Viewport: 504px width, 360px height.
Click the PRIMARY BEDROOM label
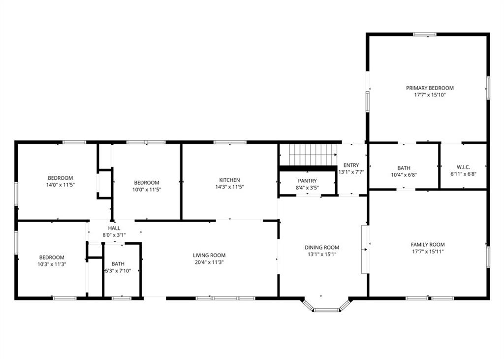(x=430, y=88)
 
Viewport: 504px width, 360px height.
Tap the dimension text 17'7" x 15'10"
(x=430, y=95)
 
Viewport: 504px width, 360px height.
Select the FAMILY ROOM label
(x=428, y=244)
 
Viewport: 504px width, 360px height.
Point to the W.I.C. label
(x=463, y=167)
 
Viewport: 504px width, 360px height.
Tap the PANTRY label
(x=307, y=181)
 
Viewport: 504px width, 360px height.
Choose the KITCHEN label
(x=229, y=180)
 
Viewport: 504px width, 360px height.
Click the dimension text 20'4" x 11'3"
(x=209, y=262)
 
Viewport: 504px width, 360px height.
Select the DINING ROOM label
(x=322, y=247)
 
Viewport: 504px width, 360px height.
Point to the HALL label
(x=114, y=228)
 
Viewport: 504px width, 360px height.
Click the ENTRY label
(x=351, y=165)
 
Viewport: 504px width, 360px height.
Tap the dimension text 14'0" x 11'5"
(x=61, y=185)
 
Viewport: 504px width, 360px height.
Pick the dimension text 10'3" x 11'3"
(x=52, y=264)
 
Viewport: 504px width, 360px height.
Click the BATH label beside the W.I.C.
(x=404, y=168)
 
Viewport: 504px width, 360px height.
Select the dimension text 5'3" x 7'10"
(x=118, y=271)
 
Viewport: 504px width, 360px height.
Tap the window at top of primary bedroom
(x=425, y=34)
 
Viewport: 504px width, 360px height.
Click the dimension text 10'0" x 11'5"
(x=147, y=190)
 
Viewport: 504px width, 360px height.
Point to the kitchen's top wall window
(x=230, y=142)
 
